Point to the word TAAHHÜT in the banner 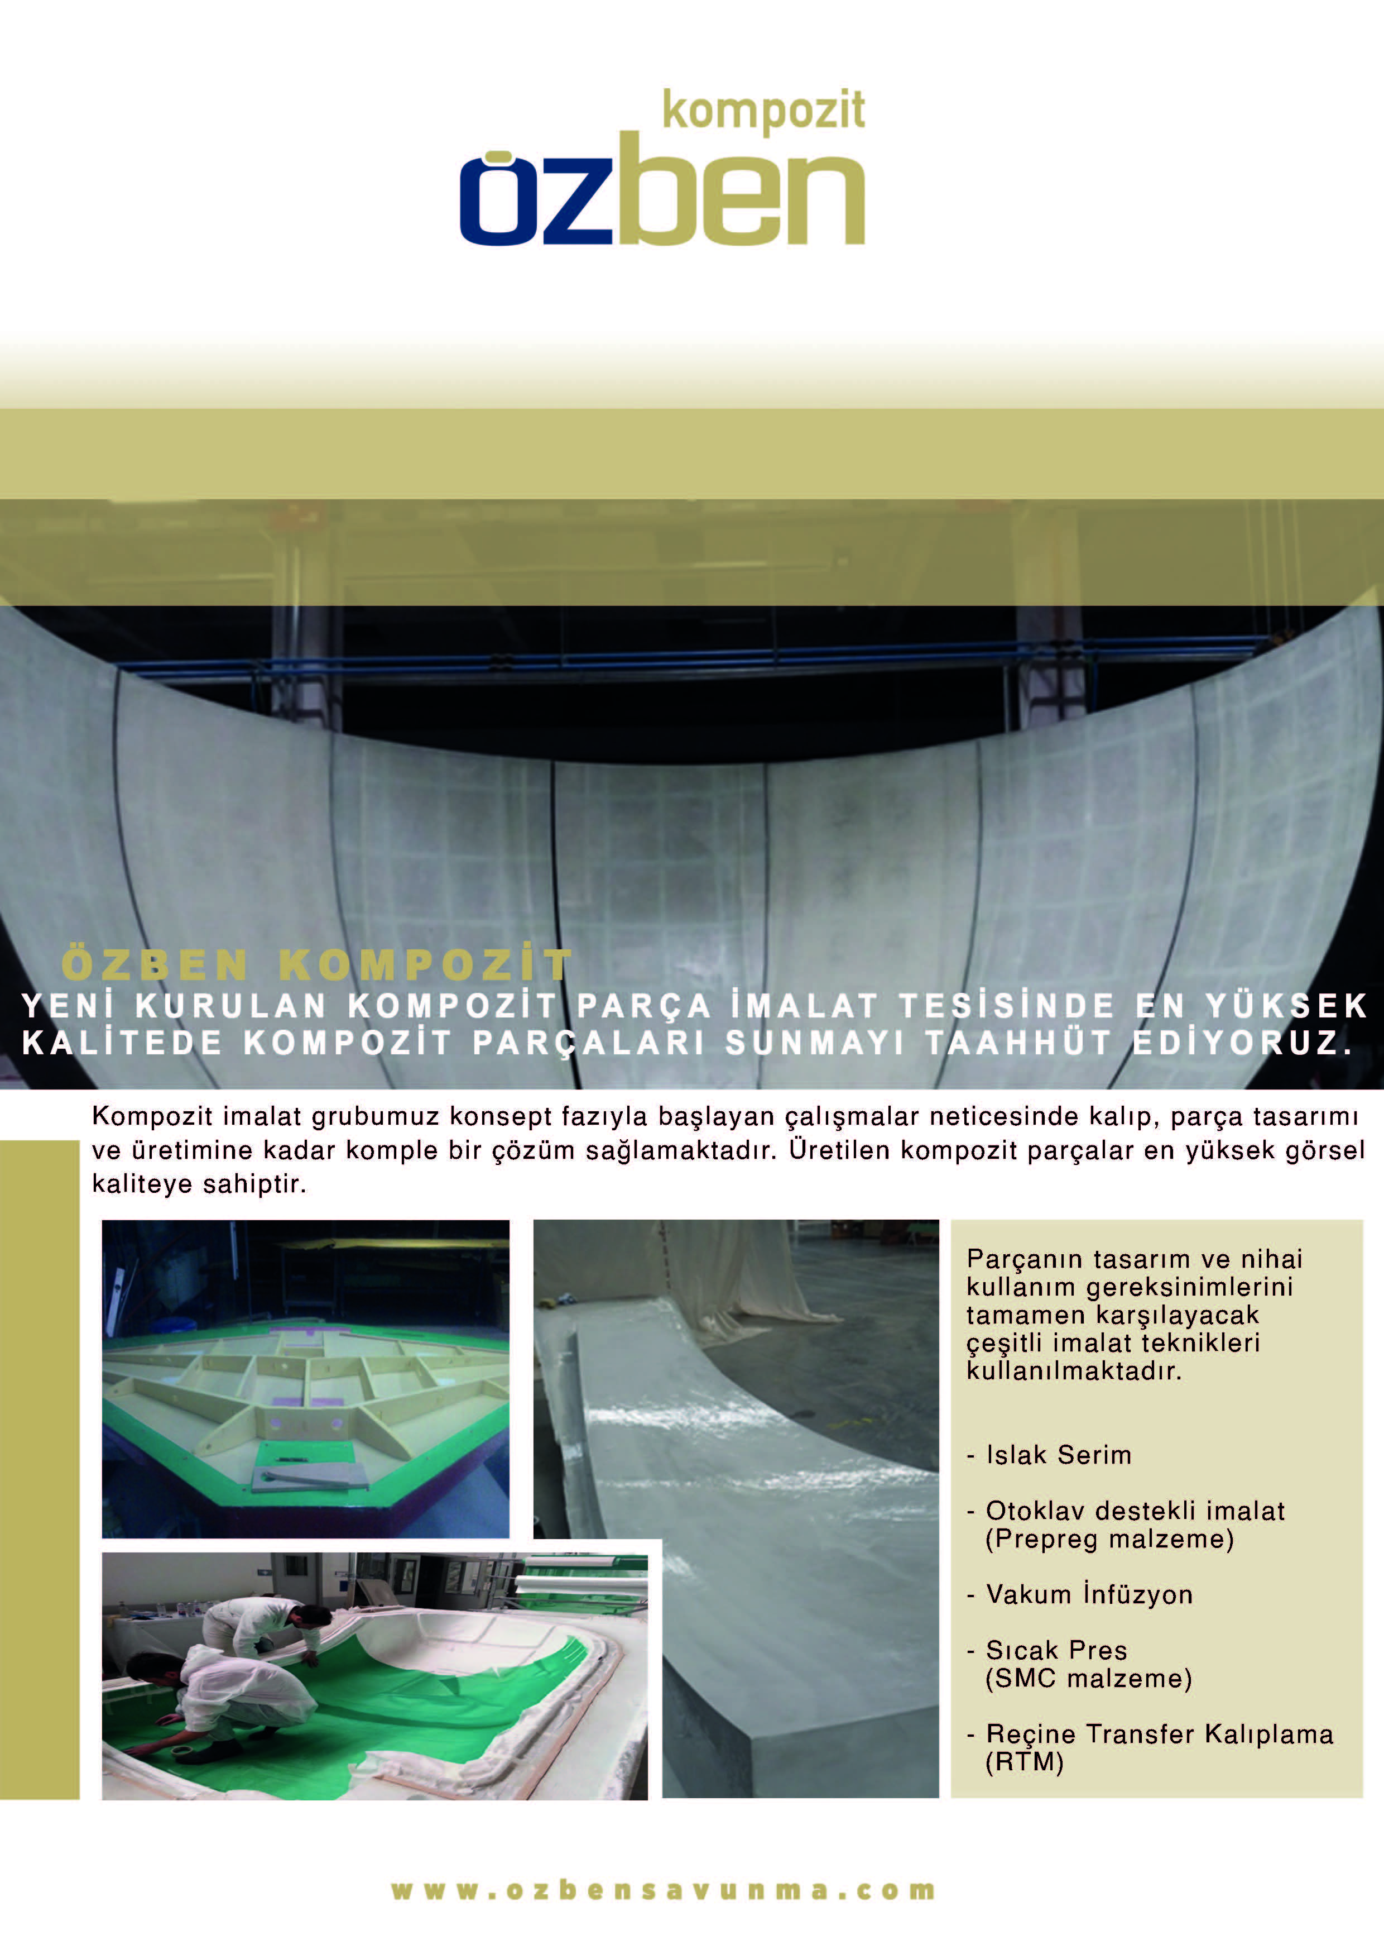pos(1017,1043)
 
